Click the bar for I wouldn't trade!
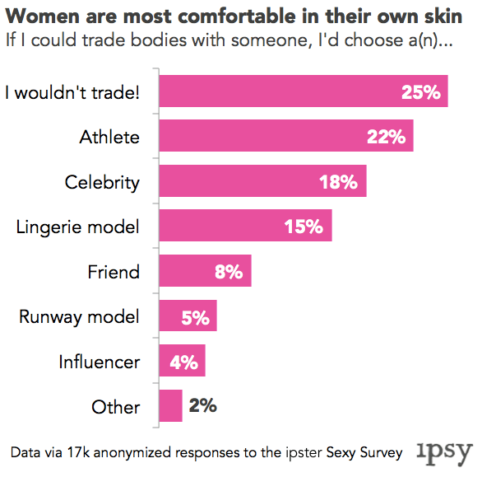[x=303, y=91]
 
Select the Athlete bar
[x=285, y=136]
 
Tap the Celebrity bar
[x=262, y=181]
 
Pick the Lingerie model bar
[x=244, y=226]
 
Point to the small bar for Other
[x=170, y=405]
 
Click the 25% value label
[x=421, y=91]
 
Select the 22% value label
[x=386, y=137]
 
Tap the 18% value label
[x=339, y=182]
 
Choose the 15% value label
[x=304, y=227]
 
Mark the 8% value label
[x=229, y=272]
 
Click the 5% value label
[x=195, y=316]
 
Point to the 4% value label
[x=183, y=362]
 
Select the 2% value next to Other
[x=202, y=405]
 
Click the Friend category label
[x=114, y=272]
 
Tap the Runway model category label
[x=79, y=316]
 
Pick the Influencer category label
[x=99, y=362]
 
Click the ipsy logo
[x=445, y=451]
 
